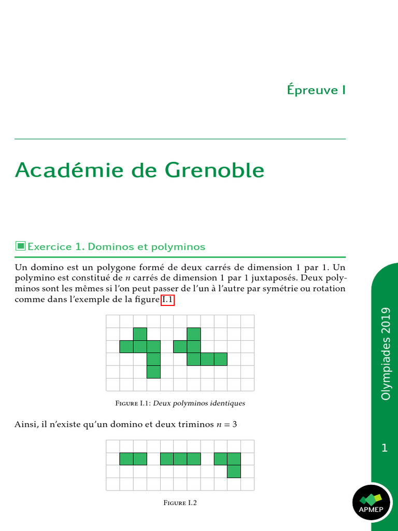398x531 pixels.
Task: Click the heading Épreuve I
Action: click(x=316, y=90)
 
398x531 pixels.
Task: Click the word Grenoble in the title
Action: click(x=215, y=170)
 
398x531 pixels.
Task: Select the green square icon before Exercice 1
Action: click(x=20, y=246)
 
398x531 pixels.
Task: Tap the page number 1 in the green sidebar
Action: click(x=384, y=448)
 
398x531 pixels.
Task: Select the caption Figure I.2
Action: click(x=180, y=502)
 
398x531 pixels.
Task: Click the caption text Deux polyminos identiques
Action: click(x=199, y=403)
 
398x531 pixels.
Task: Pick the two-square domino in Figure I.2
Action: click(x=133, y=459)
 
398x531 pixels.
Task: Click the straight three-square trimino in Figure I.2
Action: click(x=180, y=459)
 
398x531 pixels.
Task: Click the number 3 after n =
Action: click(x=234, y=425)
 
